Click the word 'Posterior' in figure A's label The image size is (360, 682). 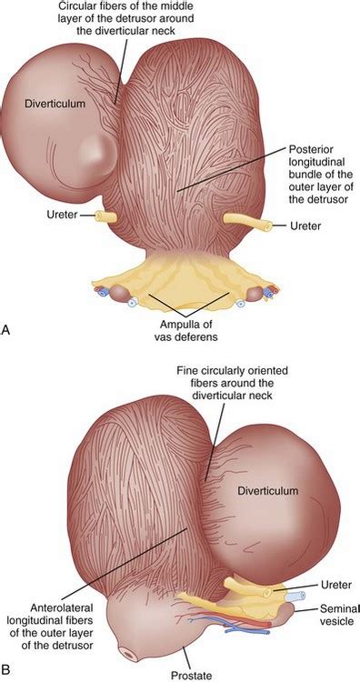coord(315,147)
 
